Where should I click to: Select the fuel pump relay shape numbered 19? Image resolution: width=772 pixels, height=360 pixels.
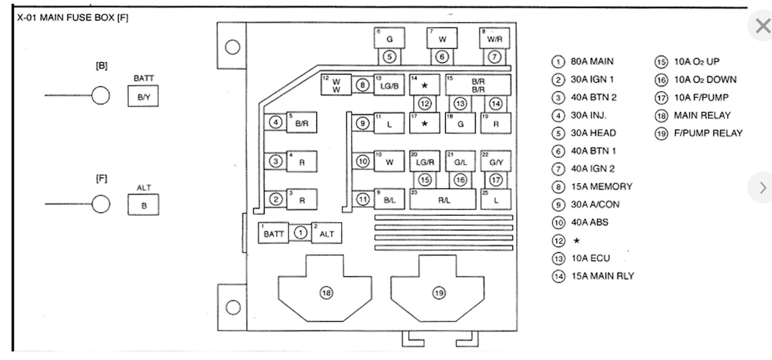pos(438,293)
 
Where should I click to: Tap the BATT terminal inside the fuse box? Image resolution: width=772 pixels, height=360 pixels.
pos(274,233)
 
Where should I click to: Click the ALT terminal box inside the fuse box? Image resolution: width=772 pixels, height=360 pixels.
pos(326,233)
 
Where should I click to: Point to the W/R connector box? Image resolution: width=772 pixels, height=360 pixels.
pos(495,39)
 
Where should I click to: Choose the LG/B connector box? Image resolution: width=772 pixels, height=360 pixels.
pos(389,85)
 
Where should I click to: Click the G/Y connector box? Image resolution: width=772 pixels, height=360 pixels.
pos(496,162)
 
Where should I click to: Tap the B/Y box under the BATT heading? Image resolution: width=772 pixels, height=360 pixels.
pos(143,96)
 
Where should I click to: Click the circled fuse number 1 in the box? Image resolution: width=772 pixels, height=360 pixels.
pos(301,233)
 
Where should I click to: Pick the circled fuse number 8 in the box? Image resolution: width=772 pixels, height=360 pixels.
pos(362,85)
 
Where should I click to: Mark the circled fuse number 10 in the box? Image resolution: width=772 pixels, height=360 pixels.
pos(363,162)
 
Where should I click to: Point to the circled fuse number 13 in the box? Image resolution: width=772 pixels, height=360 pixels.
pos(460,104)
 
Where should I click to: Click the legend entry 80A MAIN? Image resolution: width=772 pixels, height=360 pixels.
pos(591,61)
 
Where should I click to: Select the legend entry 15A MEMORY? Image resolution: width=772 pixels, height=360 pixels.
pos(601,186)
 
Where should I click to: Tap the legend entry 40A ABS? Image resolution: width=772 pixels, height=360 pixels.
pos(589,222)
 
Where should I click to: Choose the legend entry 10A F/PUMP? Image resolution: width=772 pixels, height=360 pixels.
pos(701,98)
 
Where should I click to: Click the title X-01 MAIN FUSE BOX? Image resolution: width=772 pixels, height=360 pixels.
pos(73,17)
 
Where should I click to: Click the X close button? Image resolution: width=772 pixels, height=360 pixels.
pos(763,26)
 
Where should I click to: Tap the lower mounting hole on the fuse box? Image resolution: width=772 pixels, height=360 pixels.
pos(233,307)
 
